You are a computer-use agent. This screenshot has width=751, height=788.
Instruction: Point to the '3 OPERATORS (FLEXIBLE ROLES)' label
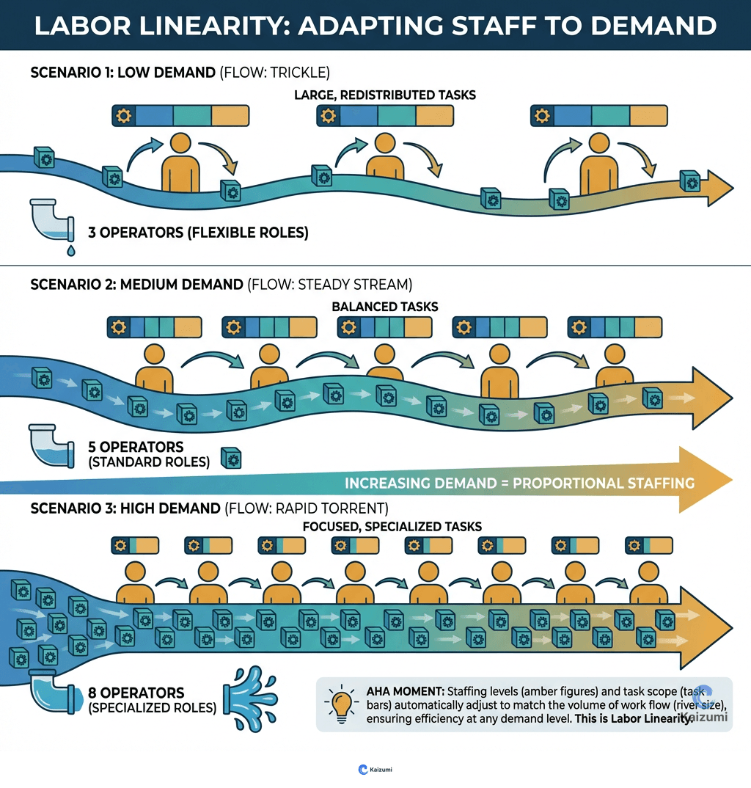click(x=198, y=233)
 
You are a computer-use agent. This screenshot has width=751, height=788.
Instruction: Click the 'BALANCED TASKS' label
click(x=385, y=307)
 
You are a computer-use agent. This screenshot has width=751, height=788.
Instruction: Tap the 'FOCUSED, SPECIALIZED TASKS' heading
click(x=392, y=527)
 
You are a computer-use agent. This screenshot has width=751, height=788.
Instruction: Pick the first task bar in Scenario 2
click(x=154, y=326)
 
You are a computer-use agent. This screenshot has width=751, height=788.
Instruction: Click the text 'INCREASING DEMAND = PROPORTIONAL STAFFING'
click(x=519, y=483)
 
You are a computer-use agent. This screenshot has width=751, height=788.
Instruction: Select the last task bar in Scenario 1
click(x=599, y=116)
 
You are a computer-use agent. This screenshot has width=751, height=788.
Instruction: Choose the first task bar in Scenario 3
click(x=136, y=545)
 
